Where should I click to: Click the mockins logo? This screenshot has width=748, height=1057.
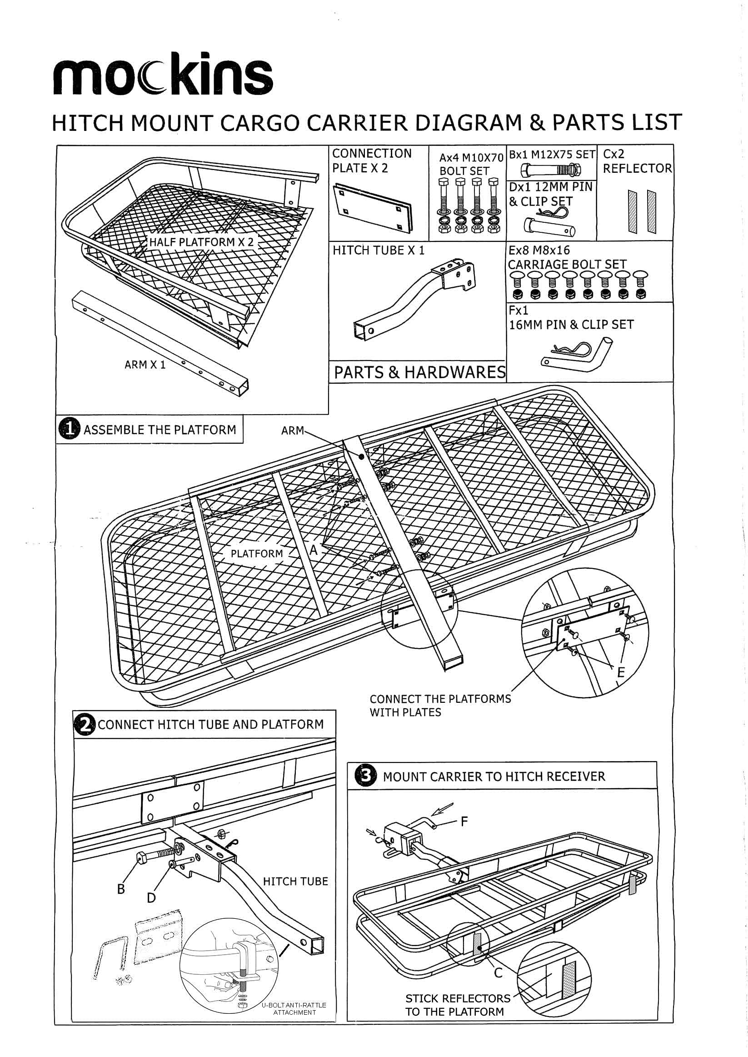[x=163, y=74]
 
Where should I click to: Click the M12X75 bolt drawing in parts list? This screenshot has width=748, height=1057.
[x=550, y=170]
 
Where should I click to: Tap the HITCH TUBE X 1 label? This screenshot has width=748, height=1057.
[x=379, y=250]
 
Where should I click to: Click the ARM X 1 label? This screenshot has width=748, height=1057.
[x=145, y=365]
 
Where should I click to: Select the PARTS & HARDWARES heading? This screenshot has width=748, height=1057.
[x=419, y=372]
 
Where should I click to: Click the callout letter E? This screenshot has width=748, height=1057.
[x=620, y=672]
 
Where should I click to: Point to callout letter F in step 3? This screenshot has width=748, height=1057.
[x=464, y=821]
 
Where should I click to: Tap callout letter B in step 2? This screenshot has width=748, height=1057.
[x=121, y=889]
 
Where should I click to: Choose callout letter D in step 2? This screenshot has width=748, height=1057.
[x=151, y=897]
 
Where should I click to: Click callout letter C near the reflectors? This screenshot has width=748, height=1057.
[x=498, y=973]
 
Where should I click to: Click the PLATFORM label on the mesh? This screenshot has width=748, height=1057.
[x=257, y=553]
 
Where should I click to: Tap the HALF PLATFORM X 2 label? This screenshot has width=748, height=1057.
[x=201, y=242]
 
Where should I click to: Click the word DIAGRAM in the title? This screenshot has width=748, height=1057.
[x=469, y=123]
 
